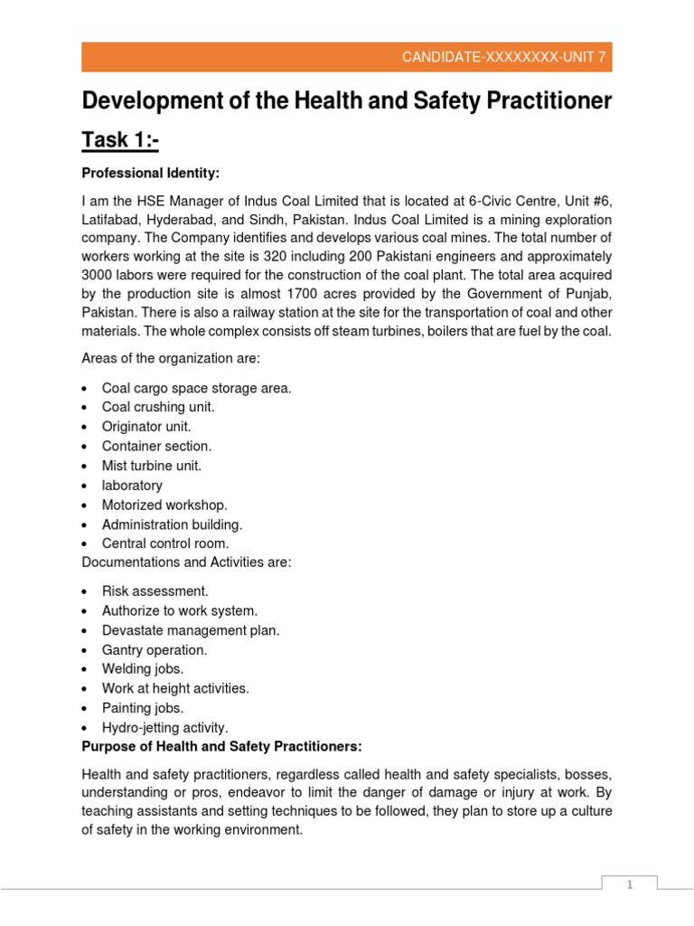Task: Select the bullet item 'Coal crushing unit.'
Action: [158, 407]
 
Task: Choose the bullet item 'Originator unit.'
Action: [146, 427]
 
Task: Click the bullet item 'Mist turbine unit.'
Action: [151, 466]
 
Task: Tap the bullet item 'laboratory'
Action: [132, 486]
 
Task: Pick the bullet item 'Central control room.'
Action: [165, 543]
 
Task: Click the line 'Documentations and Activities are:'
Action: [186, 562]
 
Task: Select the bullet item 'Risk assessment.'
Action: [155, 591]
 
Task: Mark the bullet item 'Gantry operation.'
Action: [155, 649]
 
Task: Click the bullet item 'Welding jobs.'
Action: [143, 669]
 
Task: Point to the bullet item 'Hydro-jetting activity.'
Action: [165, 727]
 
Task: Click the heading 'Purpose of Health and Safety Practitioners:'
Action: [221, 746]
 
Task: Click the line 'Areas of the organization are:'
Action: [171, 359]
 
